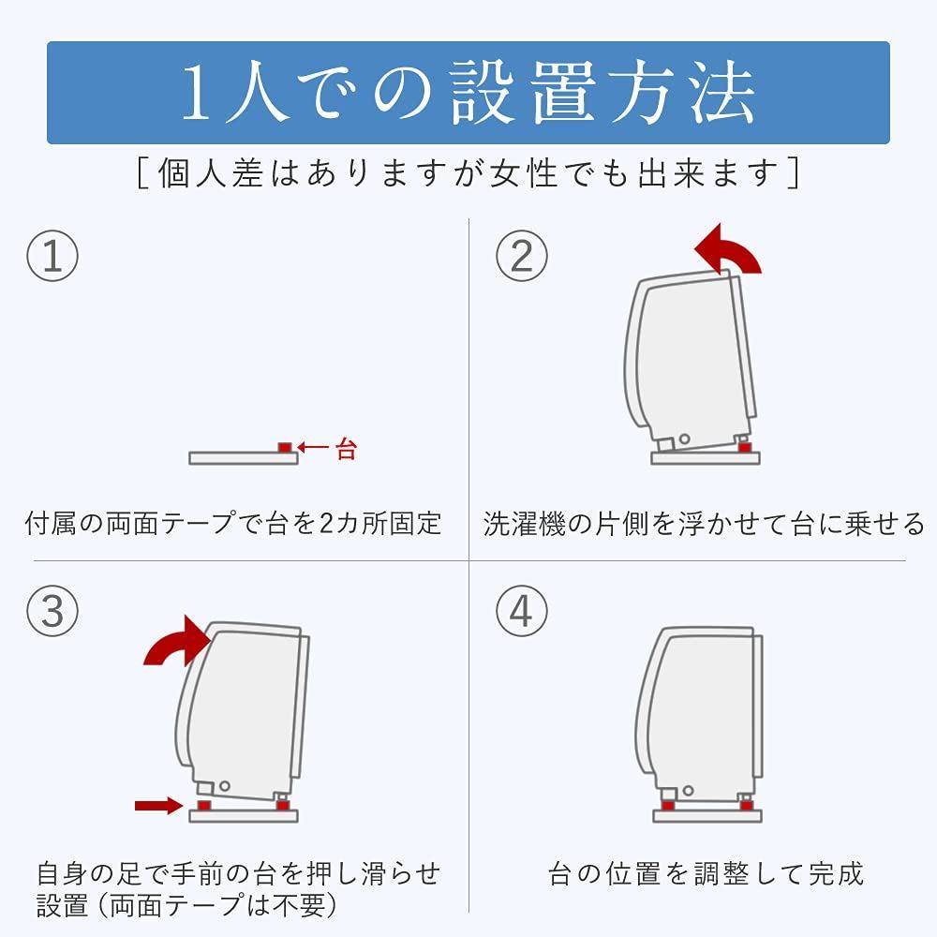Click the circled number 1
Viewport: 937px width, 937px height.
tap(52, 257)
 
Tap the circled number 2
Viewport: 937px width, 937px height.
tap(522, 257)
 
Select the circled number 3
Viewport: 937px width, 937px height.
tap(52, 611)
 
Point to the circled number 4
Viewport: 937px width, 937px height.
tap(522, 611)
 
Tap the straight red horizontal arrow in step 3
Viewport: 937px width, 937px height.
tap(158, 806)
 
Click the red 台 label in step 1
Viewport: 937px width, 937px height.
tap(346, 449)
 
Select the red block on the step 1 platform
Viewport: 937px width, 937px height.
tap(285, 448)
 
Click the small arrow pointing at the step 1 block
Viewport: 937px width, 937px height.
tap(313, 447)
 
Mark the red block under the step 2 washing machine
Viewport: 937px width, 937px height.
tap(745, 448)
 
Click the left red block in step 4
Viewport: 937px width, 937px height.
tap(668, 806)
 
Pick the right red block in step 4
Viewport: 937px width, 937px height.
tap(747, 806)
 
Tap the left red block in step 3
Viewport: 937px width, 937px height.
tap(204, 806)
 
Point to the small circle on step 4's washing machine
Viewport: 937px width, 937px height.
tap(688, 791)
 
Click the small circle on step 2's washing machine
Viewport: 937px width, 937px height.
tap(684, 439)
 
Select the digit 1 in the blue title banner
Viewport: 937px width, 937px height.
tap(197, 93)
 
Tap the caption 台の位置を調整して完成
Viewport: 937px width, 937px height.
tap(706, 874)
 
